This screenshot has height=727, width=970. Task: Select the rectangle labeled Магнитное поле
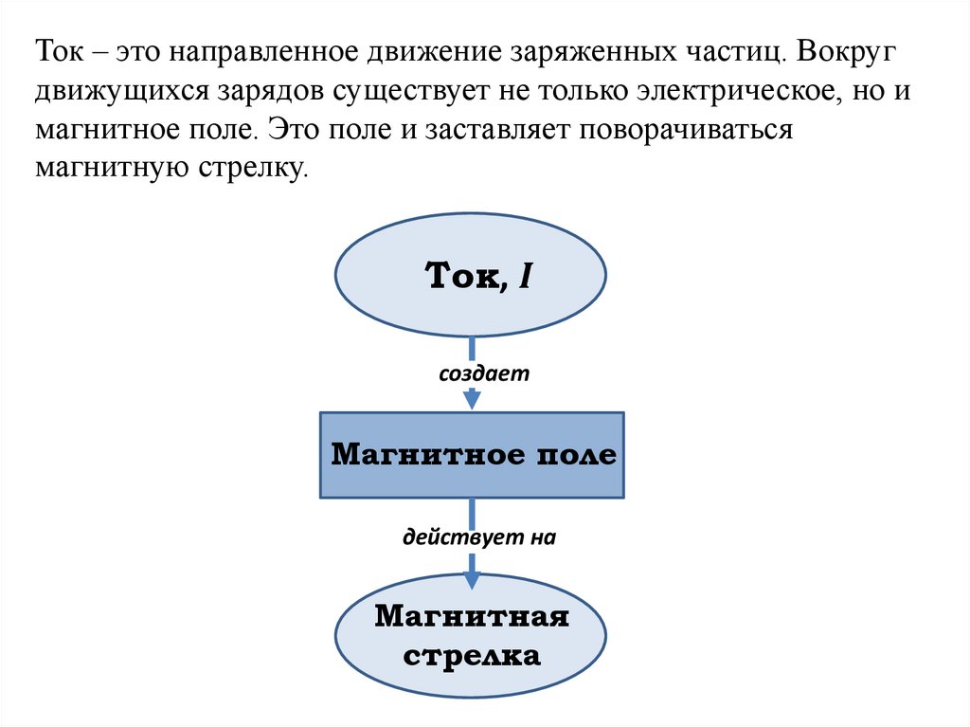[472, 455]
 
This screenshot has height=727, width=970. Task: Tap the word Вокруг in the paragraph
[851, 50]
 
